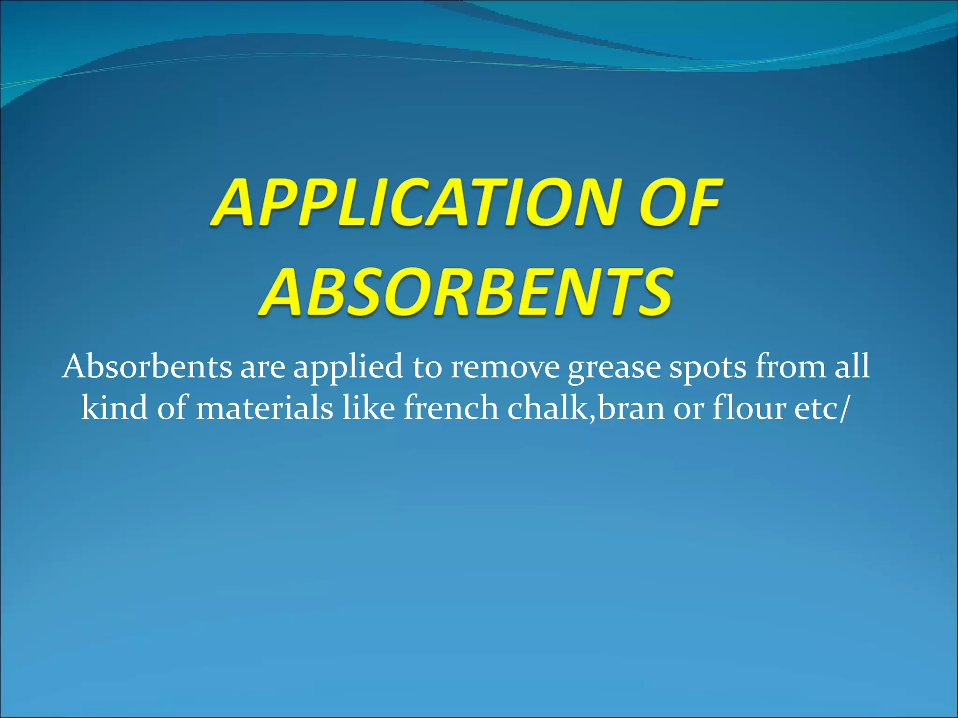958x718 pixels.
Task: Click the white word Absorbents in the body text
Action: [147, 366]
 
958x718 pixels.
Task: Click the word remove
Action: [505, 367]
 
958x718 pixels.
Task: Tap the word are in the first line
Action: [262, 367]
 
